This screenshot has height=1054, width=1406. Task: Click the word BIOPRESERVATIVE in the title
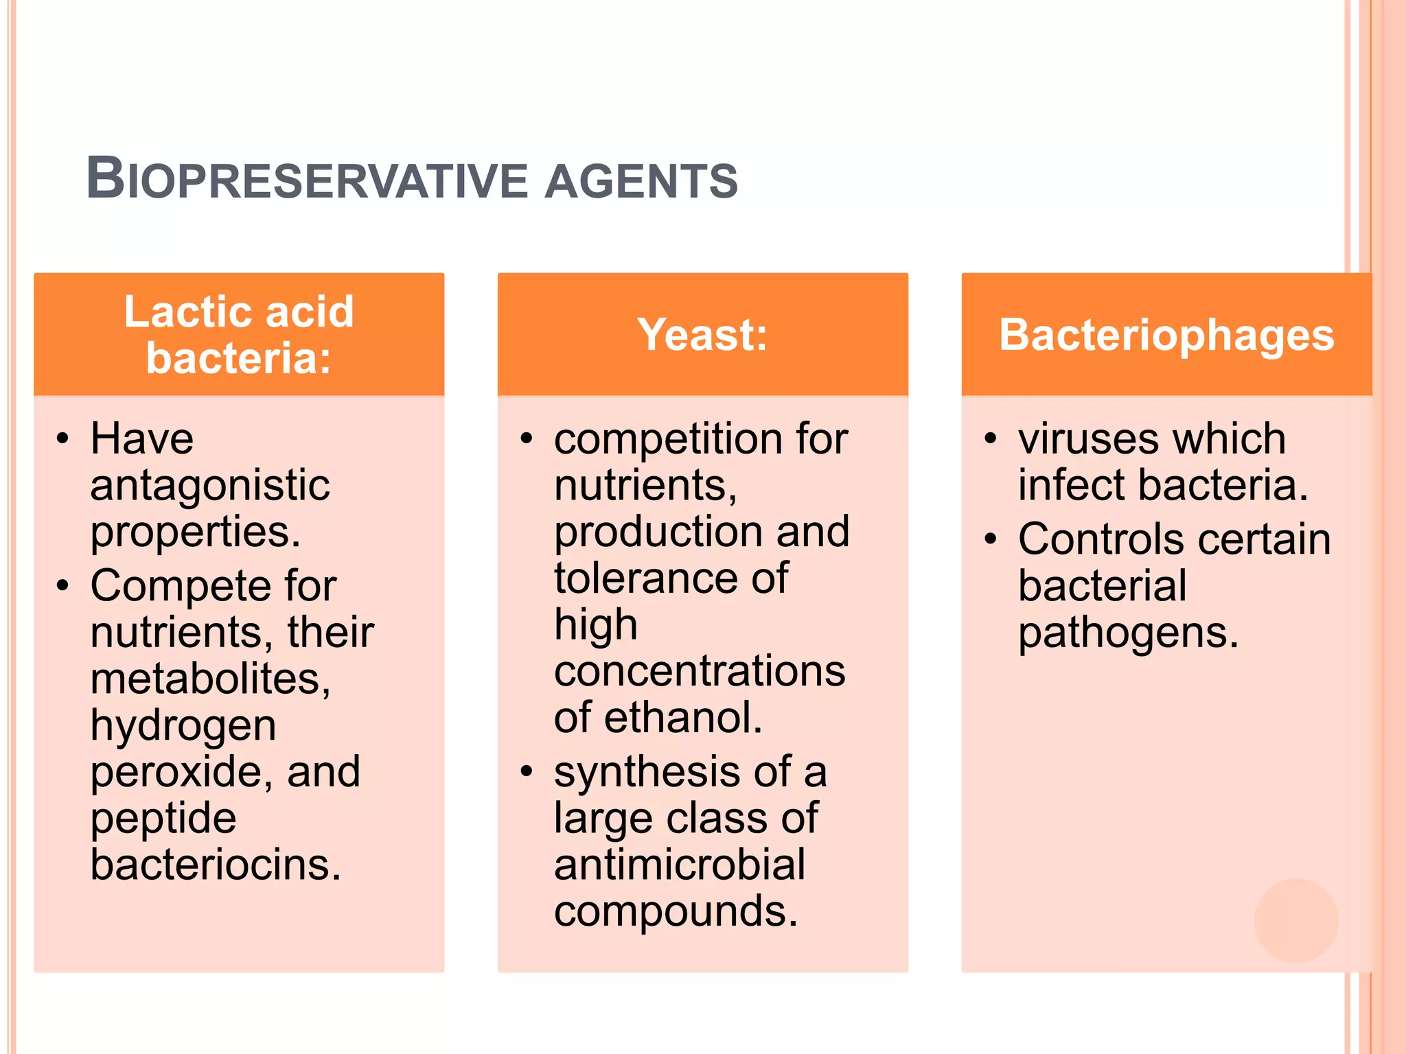(x=307, y=180)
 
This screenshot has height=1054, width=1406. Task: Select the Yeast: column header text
(x=702, y=335)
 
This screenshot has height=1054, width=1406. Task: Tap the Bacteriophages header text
(x=1166, y=335)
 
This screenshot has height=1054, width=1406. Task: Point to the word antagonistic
(x=210, y=485)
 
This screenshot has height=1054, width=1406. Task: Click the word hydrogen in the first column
(x=183, y=725)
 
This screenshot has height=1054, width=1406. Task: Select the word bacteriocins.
(x=216, y=865)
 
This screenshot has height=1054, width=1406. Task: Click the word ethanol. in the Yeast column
(x=683, y=718)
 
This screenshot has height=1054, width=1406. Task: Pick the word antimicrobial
(x=680, y=865)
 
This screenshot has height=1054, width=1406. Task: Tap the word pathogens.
(x=1128, y=633)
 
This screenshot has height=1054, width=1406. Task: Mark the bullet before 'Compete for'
(x=63, y=586)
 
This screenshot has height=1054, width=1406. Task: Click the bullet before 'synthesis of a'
(x=527, y=771)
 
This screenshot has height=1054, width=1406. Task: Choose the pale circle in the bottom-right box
(x=1295, y=920)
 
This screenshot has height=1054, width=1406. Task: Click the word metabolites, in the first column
(x=211, y=679)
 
